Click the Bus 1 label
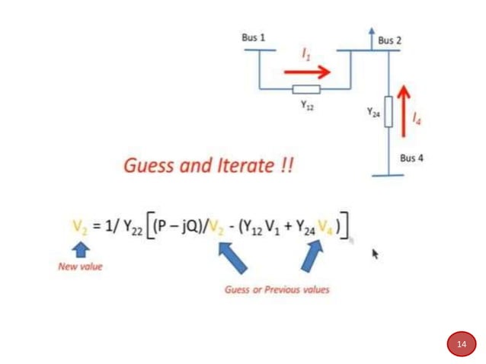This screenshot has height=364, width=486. tap(254, 37)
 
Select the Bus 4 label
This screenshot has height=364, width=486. tap(411, 158)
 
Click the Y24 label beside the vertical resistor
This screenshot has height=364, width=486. tap(373, 111)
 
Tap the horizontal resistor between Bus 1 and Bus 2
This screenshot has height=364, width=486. tap(306, 90)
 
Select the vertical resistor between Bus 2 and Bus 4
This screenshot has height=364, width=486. tap(388, 111)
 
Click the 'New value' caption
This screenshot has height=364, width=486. tap(80, 267)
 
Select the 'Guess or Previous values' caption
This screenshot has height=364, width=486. tap(277, 289)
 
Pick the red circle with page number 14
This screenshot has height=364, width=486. tap(461, 344)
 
